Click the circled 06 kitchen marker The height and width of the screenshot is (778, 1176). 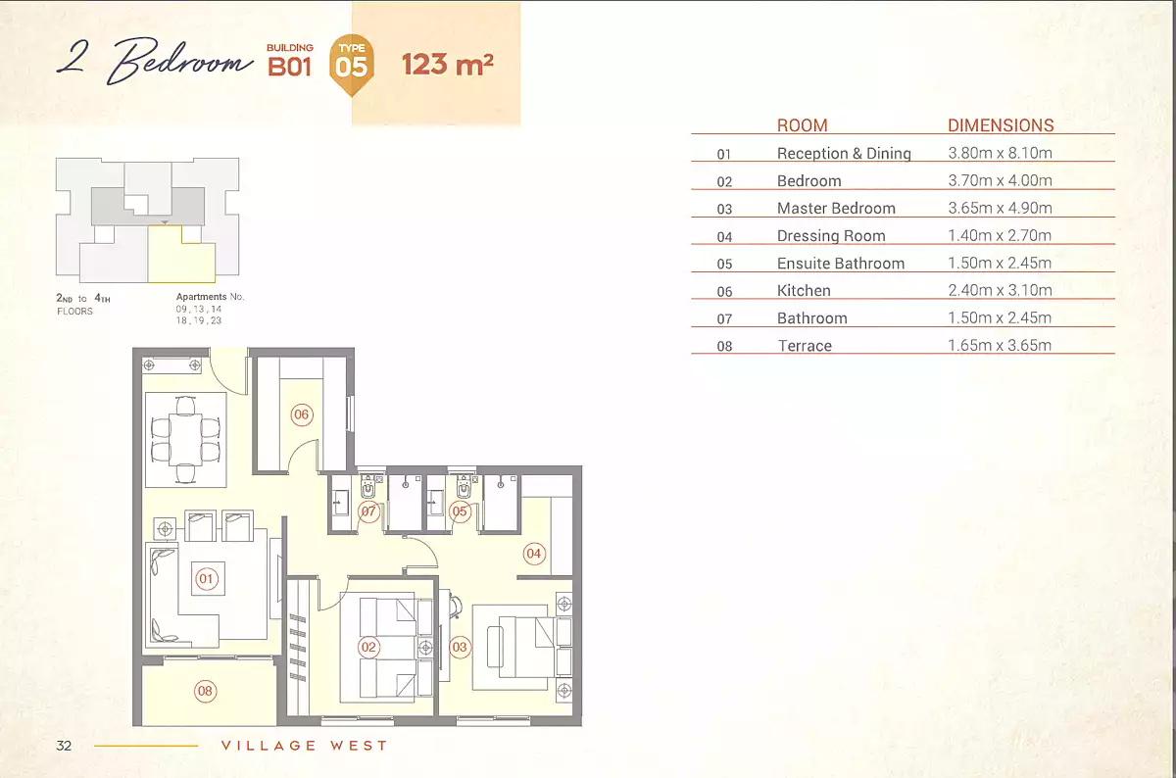[301, 414]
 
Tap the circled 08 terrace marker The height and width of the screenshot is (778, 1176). [205, 692]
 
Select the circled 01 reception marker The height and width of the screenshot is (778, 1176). [206, 579]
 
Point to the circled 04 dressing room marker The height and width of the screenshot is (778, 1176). [533, 554]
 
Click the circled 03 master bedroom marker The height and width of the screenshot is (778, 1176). [460, 647]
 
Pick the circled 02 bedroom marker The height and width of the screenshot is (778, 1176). [368, 647]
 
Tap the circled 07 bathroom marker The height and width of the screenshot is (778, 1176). [368, 511]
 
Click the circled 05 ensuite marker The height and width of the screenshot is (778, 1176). [461, 511]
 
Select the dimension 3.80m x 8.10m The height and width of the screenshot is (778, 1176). [1000, 153]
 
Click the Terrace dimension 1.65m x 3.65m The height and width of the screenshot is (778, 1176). [1000, 345]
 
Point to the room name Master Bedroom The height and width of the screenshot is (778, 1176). [836, 208]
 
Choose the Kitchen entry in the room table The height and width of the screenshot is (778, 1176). [804, 290]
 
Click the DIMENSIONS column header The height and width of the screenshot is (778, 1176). [1001, 125]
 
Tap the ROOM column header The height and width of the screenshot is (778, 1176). [802, 125]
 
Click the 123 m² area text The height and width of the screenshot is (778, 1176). [447, 65]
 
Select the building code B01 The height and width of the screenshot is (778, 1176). [290, 67]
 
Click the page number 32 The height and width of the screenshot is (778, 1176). [65, 746]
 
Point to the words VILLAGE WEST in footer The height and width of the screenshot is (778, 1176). [305, 746]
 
